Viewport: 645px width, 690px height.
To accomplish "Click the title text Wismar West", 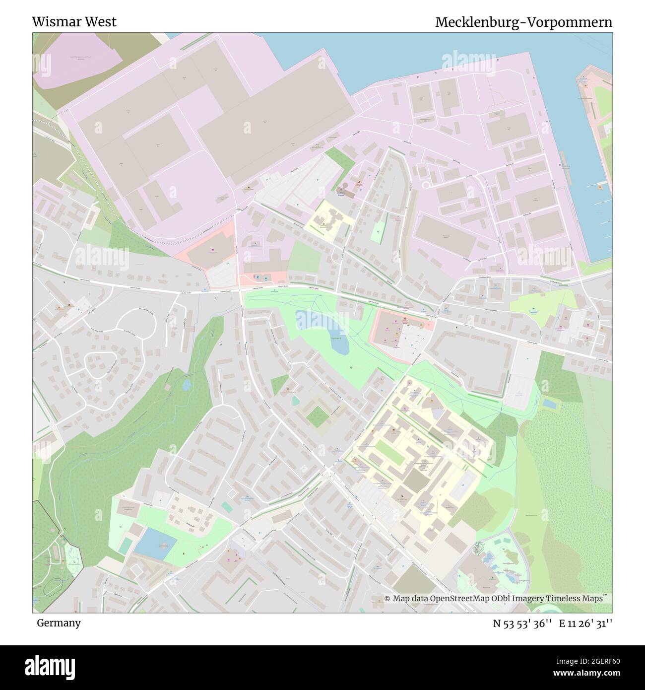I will point(74,22).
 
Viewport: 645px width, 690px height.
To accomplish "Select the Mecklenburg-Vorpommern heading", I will point(523,22).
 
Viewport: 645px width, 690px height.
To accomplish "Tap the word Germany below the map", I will point(59,622).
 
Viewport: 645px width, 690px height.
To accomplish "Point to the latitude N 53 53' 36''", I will point(523,623).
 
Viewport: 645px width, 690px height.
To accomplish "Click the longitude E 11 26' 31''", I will point(589,623).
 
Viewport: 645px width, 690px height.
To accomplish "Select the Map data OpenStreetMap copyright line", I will point(496,599).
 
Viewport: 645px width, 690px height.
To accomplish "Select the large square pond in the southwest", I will point(155,544).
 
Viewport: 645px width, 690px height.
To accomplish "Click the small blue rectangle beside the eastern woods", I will point(549,404).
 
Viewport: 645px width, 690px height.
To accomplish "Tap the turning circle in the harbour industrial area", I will point(426,185).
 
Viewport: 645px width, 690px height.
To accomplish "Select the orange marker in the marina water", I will point(600,187).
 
